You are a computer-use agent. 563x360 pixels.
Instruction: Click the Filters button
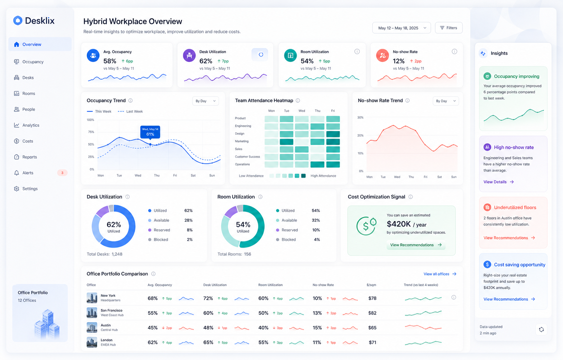tap(449, 28)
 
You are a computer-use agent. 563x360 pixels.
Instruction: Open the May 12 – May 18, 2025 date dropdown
tap(401, 28)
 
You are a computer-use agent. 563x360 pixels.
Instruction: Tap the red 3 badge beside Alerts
tap(62, 173)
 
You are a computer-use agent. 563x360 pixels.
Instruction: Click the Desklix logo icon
tap(18, 20)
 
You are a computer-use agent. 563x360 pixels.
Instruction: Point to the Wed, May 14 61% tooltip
tap(150, 132)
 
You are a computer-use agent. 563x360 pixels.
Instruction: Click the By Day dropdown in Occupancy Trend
tap(205, 101)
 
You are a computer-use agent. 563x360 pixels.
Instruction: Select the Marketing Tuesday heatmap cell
tap(287, 142)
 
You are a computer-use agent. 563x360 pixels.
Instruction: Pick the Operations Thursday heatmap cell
tap(317, 164)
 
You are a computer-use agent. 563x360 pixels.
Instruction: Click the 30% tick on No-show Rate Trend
tap(360, 117)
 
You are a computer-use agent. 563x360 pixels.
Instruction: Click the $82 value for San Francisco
tap(372, 313)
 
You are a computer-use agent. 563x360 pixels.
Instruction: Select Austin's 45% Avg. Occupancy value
tap(153, 328)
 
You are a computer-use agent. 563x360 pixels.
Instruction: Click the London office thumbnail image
tap(92, 342)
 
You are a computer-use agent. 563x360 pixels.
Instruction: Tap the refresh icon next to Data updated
tap(541, 329)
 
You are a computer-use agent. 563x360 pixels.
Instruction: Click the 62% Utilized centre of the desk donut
tap(113, 226)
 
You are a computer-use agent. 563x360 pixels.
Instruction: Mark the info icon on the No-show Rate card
tap(455, 51)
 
